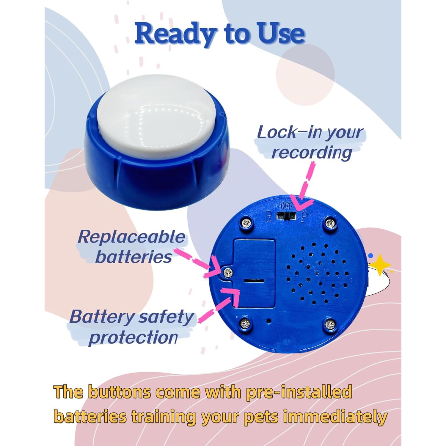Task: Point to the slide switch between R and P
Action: pos(286,216)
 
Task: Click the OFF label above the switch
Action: pos(286,206)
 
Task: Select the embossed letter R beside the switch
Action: pos(269,217)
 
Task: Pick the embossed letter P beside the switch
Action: pos(303,217)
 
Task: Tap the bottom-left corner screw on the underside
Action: pos(246,323)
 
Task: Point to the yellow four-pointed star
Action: pos(380,264)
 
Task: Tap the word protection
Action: pos(133,337)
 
